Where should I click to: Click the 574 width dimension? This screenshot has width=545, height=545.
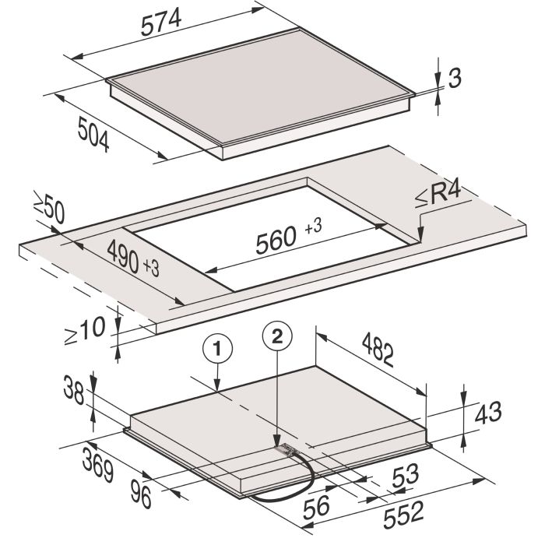[x=161, y=23]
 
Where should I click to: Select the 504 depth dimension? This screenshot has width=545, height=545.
[x=93, y=134]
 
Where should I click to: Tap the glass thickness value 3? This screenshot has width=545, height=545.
[x=455, y=78]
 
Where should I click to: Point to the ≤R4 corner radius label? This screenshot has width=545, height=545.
[x=438, y=195]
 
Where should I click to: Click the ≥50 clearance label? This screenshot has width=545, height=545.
[x=49, y=208]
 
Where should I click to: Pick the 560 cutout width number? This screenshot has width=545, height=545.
[x=276, y=240]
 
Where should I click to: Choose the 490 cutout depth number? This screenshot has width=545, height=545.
[x=123, y=256]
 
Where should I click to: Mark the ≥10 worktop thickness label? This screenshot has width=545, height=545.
[x=85, y=331]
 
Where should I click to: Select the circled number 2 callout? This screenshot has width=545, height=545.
[x=277, y=336]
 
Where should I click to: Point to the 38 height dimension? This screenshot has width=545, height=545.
[x=74, y=391]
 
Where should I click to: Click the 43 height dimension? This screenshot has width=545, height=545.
[x=488, y=413]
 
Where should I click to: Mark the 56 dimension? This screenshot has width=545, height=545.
[x=316, y=507]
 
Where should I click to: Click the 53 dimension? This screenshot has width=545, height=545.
[x=406, y=476]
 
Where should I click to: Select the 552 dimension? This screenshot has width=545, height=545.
[x=403, y=514]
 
